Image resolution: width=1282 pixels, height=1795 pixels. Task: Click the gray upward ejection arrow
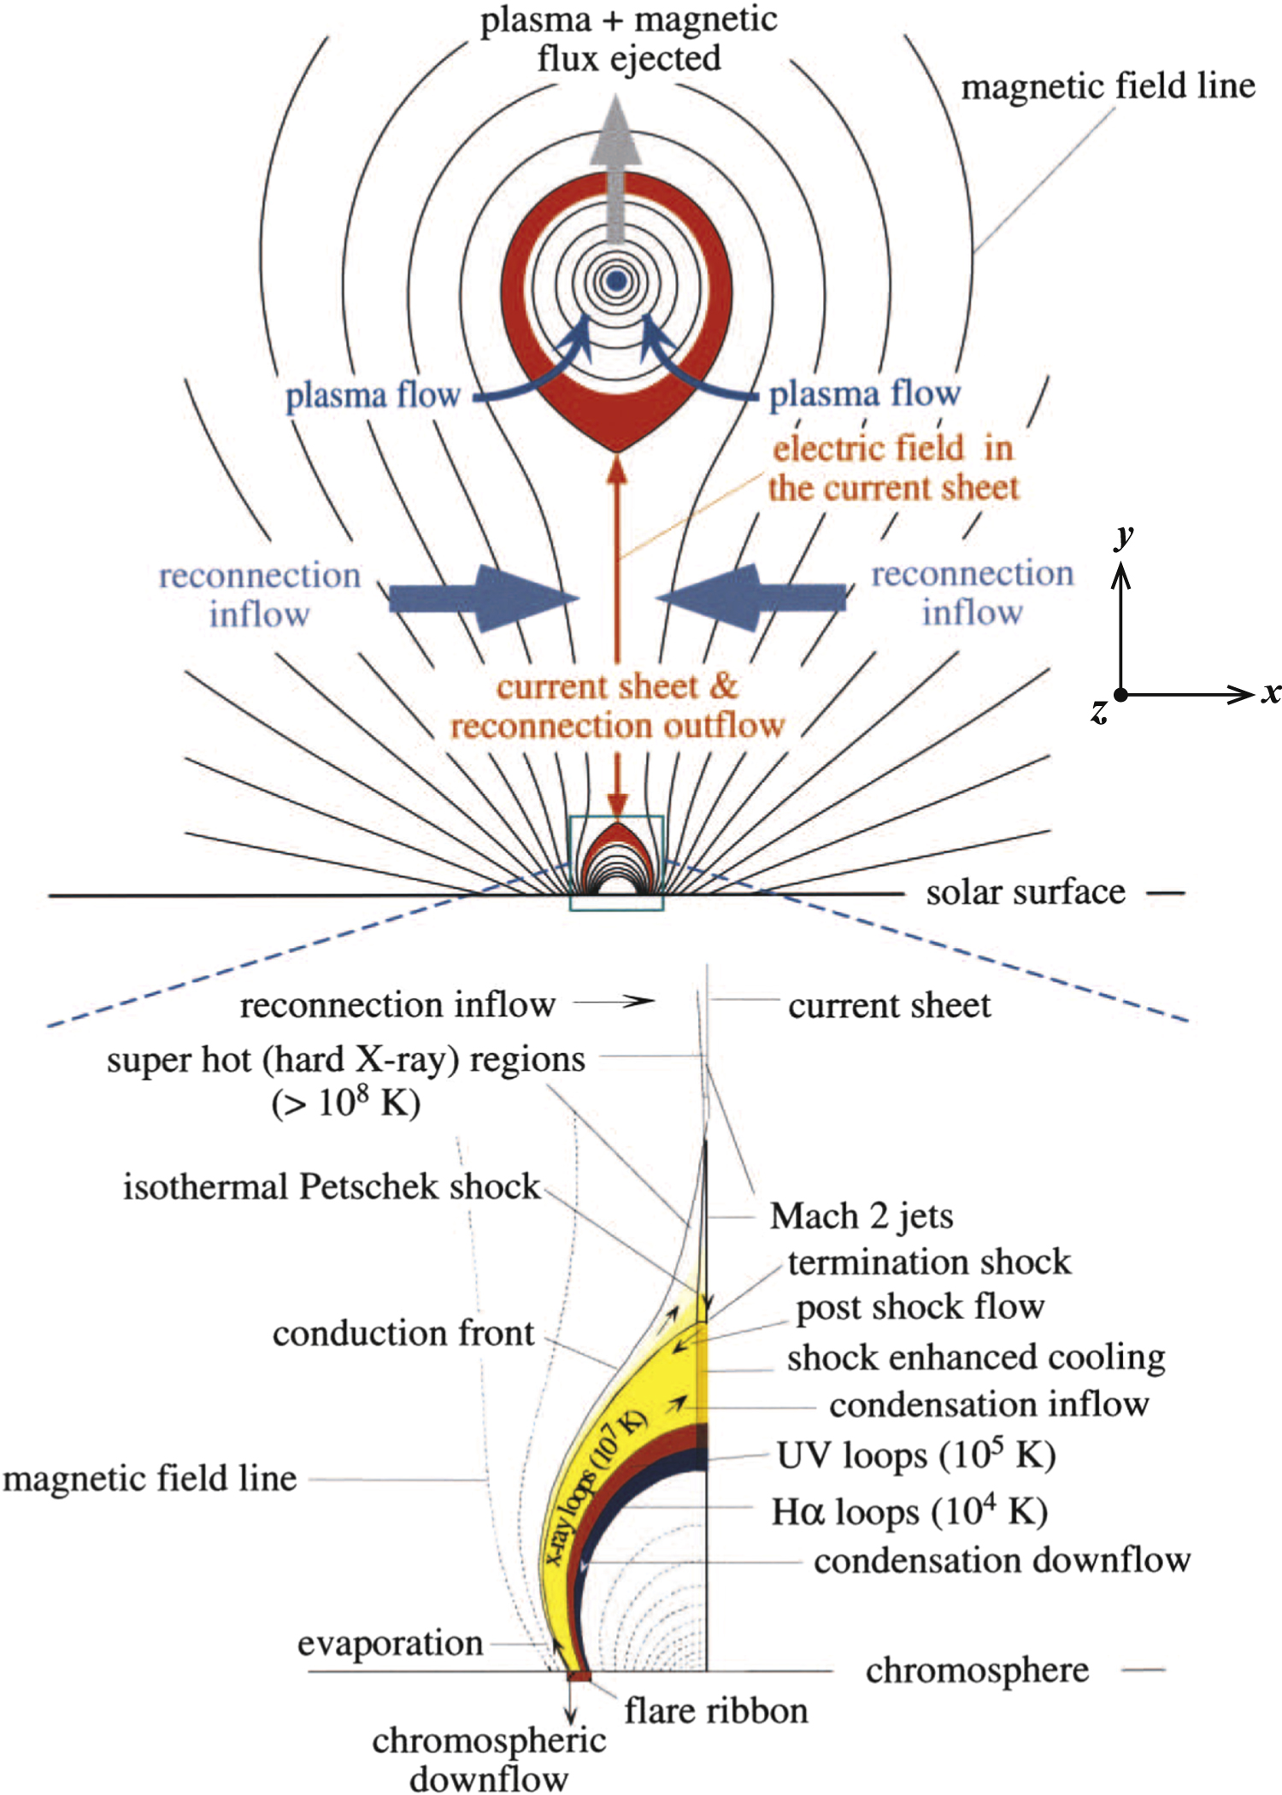(x=615, y=171)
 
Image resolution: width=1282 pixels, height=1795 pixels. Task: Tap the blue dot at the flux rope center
(x=615, y=280)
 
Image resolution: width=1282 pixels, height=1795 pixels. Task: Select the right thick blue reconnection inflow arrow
(x=756, y=597)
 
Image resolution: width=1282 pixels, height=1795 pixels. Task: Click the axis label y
(x=1124, y=536)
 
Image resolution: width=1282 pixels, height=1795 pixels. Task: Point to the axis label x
(x=1272, y=692)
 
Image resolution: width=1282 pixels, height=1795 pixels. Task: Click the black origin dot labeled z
(x=1120, y=695)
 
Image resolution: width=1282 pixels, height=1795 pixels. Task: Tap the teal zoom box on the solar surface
(x=616, y=862)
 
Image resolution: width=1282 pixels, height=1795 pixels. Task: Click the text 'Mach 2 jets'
(x=861, y=1215)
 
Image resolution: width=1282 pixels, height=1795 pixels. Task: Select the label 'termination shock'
(x=928, y=1262)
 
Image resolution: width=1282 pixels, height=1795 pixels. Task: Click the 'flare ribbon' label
(x=715, y=1711)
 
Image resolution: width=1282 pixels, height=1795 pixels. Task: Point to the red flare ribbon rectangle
(x=579, y=1676)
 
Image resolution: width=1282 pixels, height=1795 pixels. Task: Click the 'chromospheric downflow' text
(x=489, y=1759)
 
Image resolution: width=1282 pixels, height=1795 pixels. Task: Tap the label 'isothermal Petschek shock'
(x=332, y=1186)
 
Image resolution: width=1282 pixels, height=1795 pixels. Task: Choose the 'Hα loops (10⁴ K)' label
(x=909, y=1511)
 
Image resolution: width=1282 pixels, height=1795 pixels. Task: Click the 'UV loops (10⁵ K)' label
(x=914, y=1455)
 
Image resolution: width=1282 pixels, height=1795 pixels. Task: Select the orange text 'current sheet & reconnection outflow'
(x=617, y=706)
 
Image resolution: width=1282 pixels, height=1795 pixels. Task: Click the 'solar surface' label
(x=1025, y=892)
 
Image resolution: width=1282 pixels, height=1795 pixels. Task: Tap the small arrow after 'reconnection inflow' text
(x=614, y=1001)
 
